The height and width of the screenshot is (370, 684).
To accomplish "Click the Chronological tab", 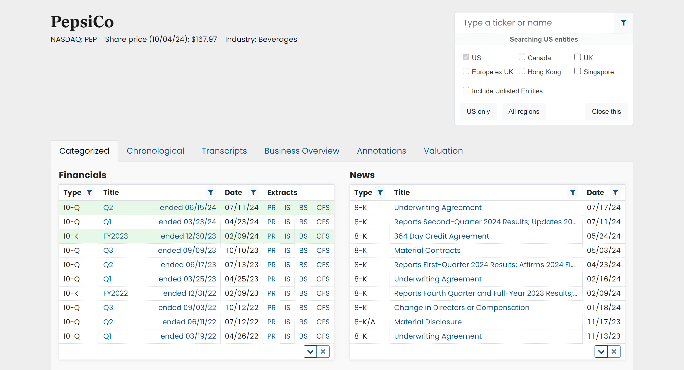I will [x=155, y=151].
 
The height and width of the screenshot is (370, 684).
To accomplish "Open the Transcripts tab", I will [x=224, y=151].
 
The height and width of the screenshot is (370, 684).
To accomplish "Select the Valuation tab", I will [x=443, y=151].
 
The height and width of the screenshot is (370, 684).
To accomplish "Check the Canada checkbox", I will [x=521, y=57].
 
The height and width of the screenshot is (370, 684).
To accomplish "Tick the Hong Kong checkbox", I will [x=521, y=71].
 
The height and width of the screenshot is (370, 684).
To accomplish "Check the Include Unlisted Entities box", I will [x=466, y=90].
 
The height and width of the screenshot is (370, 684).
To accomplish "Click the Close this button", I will [x=606, y=112].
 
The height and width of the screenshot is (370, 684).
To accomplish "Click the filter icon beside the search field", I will [x=623, y=23].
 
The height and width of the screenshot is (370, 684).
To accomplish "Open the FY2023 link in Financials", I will [x=116, y=236].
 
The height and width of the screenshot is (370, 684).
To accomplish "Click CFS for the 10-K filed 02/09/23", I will [x=323, y=293].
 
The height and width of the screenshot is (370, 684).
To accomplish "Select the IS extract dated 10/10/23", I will [x=287, y=250].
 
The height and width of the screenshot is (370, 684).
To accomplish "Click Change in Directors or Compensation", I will [x=461, y=307].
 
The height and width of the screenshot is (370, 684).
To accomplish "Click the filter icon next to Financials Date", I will [x=253, y=192].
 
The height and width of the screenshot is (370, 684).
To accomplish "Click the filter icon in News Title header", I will [x=573, y=192].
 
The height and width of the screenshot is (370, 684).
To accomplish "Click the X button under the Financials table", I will [x=323, y=351].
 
